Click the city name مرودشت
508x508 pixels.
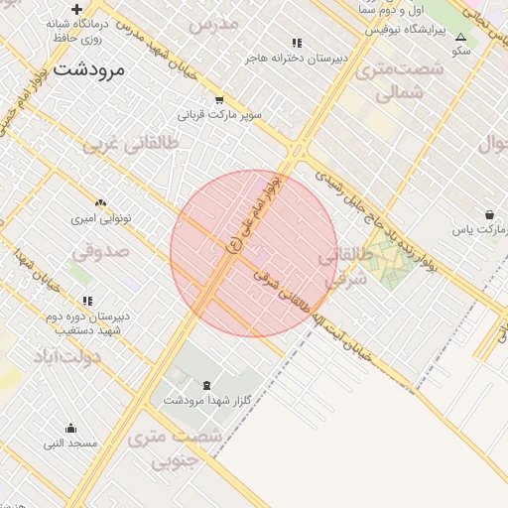89,70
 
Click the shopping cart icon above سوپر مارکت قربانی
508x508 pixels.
219,99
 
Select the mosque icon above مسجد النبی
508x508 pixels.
70,429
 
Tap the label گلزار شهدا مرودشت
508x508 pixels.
196,400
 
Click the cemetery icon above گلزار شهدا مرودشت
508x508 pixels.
206,385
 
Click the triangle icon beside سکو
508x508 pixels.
460,37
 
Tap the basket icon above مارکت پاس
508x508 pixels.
490,214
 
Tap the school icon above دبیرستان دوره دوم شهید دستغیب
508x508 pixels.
88,301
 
